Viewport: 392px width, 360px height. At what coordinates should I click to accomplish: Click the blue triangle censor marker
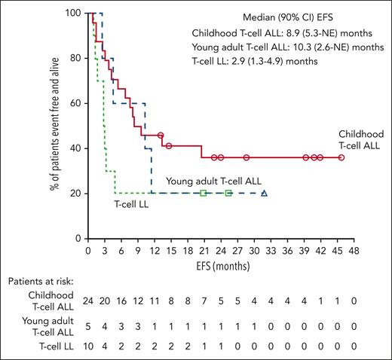tap(264, 194)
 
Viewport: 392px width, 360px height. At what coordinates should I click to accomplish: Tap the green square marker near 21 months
tap(204, 194)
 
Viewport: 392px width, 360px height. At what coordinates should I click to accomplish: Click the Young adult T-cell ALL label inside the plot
tap(213, 182)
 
